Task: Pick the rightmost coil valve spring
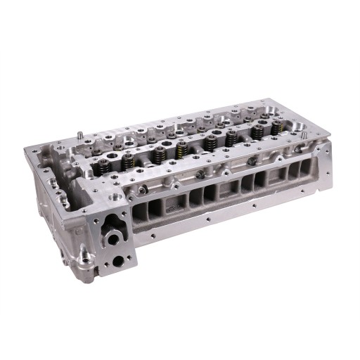[277, 127]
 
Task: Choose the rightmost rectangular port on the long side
[304, 169]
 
